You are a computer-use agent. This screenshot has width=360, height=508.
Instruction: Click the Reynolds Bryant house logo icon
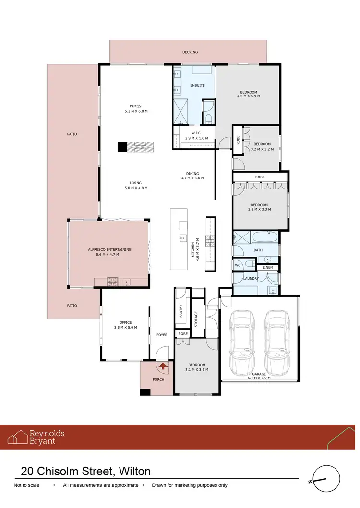pos(18,437)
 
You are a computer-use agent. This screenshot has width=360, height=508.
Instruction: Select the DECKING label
pos(190,52)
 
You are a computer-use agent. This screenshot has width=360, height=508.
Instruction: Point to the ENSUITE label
pos(197,85)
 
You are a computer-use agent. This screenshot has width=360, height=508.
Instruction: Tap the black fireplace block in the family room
pos(123,147)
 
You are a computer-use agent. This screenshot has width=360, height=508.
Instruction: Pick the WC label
pos(238,265)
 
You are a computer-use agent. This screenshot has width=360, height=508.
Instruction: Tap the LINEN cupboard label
pos(267,267)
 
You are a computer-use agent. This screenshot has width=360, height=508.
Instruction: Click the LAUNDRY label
pos(251,278)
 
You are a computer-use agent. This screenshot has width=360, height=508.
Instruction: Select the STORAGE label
pos(196,319)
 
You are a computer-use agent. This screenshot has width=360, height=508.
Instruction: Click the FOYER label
pos(162,335)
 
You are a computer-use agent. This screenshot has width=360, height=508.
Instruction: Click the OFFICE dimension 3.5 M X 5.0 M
pos(125,328)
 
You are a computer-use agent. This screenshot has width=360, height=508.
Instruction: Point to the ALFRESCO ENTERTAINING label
pos(109,249)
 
